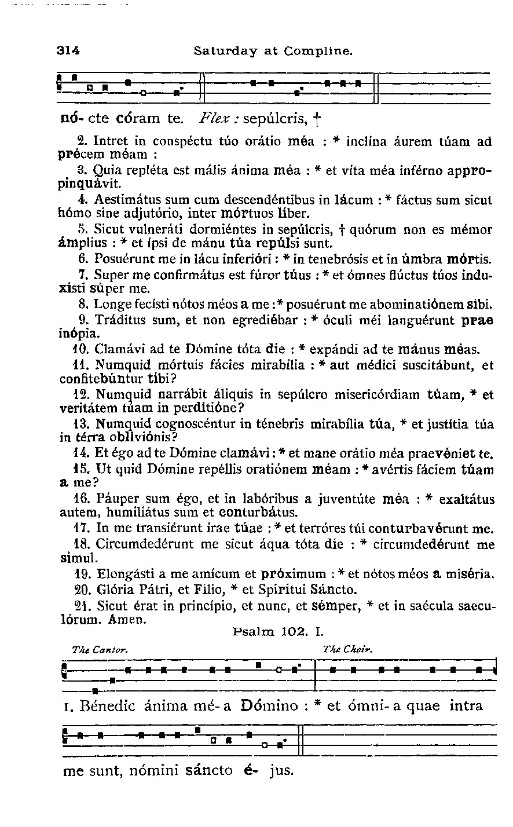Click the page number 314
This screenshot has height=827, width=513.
tap(68, 50)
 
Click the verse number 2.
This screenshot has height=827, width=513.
tap(82, 141)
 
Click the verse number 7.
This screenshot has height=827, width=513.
tap(82, 273)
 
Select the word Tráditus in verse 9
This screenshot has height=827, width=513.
tap(116, 319)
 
